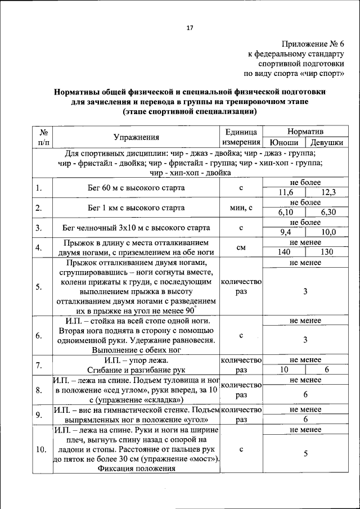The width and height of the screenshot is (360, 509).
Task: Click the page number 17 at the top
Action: tap(190, 29)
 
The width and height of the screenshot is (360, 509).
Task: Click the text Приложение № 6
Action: tap(314, 44)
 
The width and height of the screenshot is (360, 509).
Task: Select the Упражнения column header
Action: tap(136, 137)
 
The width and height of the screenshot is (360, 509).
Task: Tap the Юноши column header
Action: tap(283, 143)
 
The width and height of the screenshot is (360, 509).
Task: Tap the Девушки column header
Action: tap(327, 143)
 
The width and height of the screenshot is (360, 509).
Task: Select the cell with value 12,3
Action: tap(328, 192)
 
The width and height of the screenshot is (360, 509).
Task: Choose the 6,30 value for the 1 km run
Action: tap(328, 212)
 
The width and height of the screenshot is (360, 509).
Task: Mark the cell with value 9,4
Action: tap(286, 232)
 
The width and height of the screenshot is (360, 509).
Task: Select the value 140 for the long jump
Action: tap(284, 252)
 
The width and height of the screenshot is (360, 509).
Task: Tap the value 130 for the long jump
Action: tap(327, 252)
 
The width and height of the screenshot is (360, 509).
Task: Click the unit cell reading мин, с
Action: tap(241, 208)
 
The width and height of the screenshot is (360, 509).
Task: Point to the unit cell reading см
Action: tap(241, 247)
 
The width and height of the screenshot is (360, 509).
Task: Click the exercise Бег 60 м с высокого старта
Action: tap(136, 188)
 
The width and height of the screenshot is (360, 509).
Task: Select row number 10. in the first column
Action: tap(40, 449)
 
